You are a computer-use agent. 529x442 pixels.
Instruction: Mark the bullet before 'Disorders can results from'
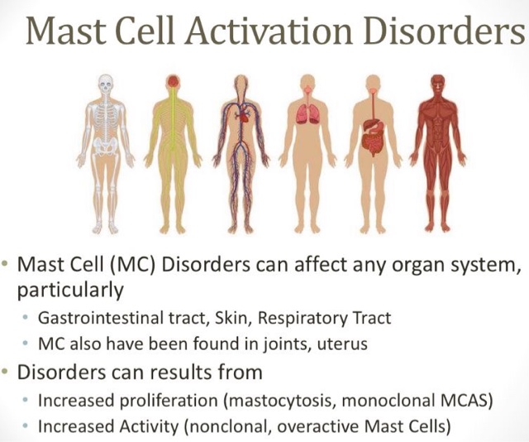[x=7, y=370]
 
